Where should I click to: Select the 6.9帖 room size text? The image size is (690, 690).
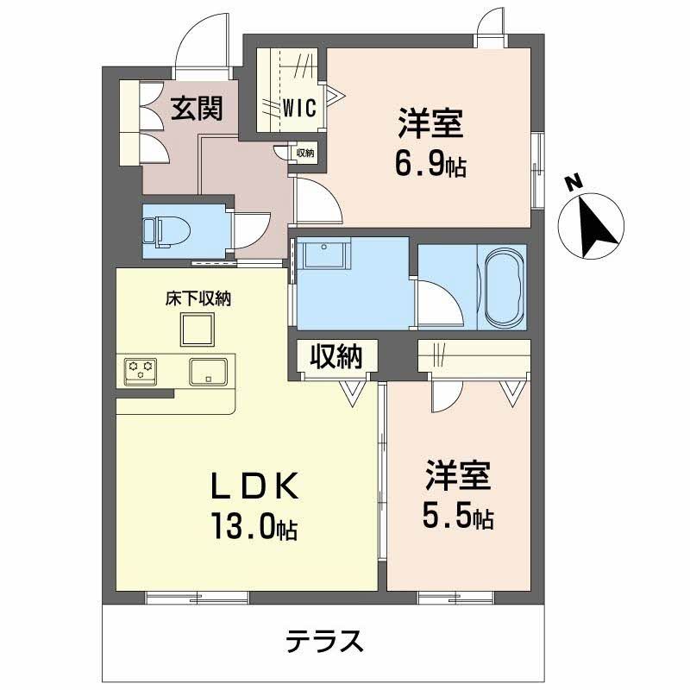point(430,164)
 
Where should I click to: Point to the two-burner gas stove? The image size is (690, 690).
point(141,372)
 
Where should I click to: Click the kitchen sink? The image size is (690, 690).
point(208,372)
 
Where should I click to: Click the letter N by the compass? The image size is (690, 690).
point(571,183)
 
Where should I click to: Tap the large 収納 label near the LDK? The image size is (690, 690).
point(336,356)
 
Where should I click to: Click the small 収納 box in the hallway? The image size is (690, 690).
point(305,153)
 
